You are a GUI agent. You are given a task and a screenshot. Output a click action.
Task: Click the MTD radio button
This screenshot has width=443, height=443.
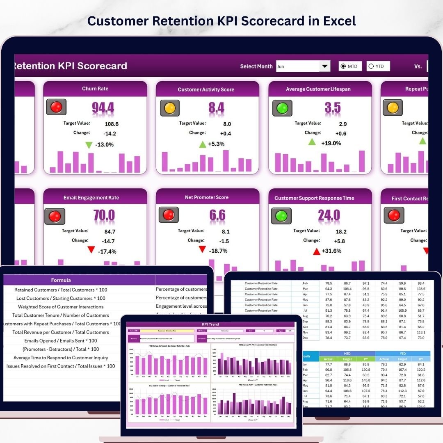343,66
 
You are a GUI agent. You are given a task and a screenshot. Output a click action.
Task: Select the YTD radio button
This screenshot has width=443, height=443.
371,66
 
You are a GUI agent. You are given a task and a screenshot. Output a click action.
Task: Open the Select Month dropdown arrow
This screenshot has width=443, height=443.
325,66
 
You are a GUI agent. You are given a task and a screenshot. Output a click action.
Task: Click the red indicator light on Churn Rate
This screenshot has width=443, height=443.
56,107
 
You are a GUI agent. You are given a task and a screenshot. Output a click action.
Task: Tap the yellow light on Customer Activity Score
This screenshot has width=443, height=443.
169,108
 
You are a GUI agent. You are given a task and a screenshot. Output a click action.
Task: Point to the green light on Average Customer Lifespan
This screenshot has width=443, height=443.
282,108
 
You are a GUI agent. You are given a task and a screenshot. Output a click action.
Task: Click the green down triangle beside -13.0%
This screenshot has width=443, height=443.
89,145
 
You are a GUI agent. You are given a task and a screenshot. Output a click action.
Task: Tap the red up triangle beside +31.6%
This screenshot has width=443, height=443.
316,251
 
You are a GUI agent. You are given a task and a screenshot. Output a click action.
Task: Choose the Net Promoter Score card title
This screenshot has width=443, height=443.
207,197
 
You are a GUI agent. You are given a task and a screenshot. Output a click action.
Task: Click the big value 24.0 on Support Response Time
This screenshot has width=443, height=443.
329,215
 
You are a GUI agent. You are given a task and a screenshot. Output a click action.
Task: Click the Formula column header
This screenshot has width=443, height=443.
61,280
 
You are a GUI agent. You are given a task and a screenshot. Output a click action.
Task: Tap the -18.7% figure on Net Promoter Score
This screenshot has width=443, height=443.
218,251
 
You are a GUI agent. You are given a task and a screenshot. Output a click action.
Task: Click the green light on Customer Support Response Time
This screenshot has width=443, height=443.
281,216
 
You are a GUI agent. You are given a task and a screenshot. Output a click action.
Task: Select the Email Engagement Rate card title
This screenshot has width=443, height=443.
91,198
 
